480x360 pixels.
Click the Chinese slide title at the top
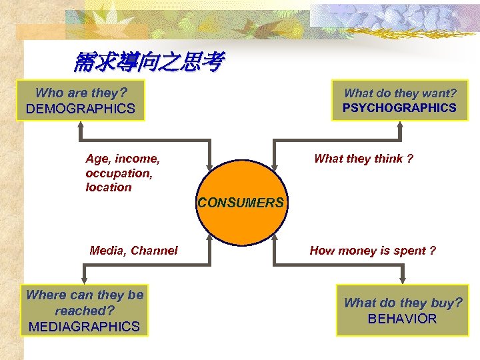(x=149, y=63)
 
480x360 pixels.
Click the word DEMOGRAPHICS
(x=80, y=109)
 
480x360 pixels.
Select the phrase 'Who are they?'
(x=81, y=93)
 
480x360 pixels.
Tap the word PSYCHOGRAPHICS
(x=399, y=107)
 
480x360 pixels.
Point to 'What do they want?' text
(x=400, y=94)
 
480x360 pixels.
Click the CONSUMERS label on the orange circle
(x=241, y=203)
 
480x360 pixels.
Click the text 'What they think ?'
(x=363, y=159)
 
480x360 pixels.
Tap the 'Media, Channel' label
(x=133, y=251)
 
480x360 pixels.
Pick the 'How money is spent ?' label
(x=373, y=251)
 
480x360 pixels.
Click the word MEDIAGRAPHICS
(x=84, y=327)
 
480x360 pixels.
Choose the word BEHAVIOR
(x=402, y=319)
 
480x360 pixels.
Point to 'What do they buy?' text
(x=403, y=303)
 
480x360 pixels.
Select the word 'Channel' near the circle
(x=154, y=251)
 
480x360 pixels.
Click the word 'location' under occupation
(x=109, y=187)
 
